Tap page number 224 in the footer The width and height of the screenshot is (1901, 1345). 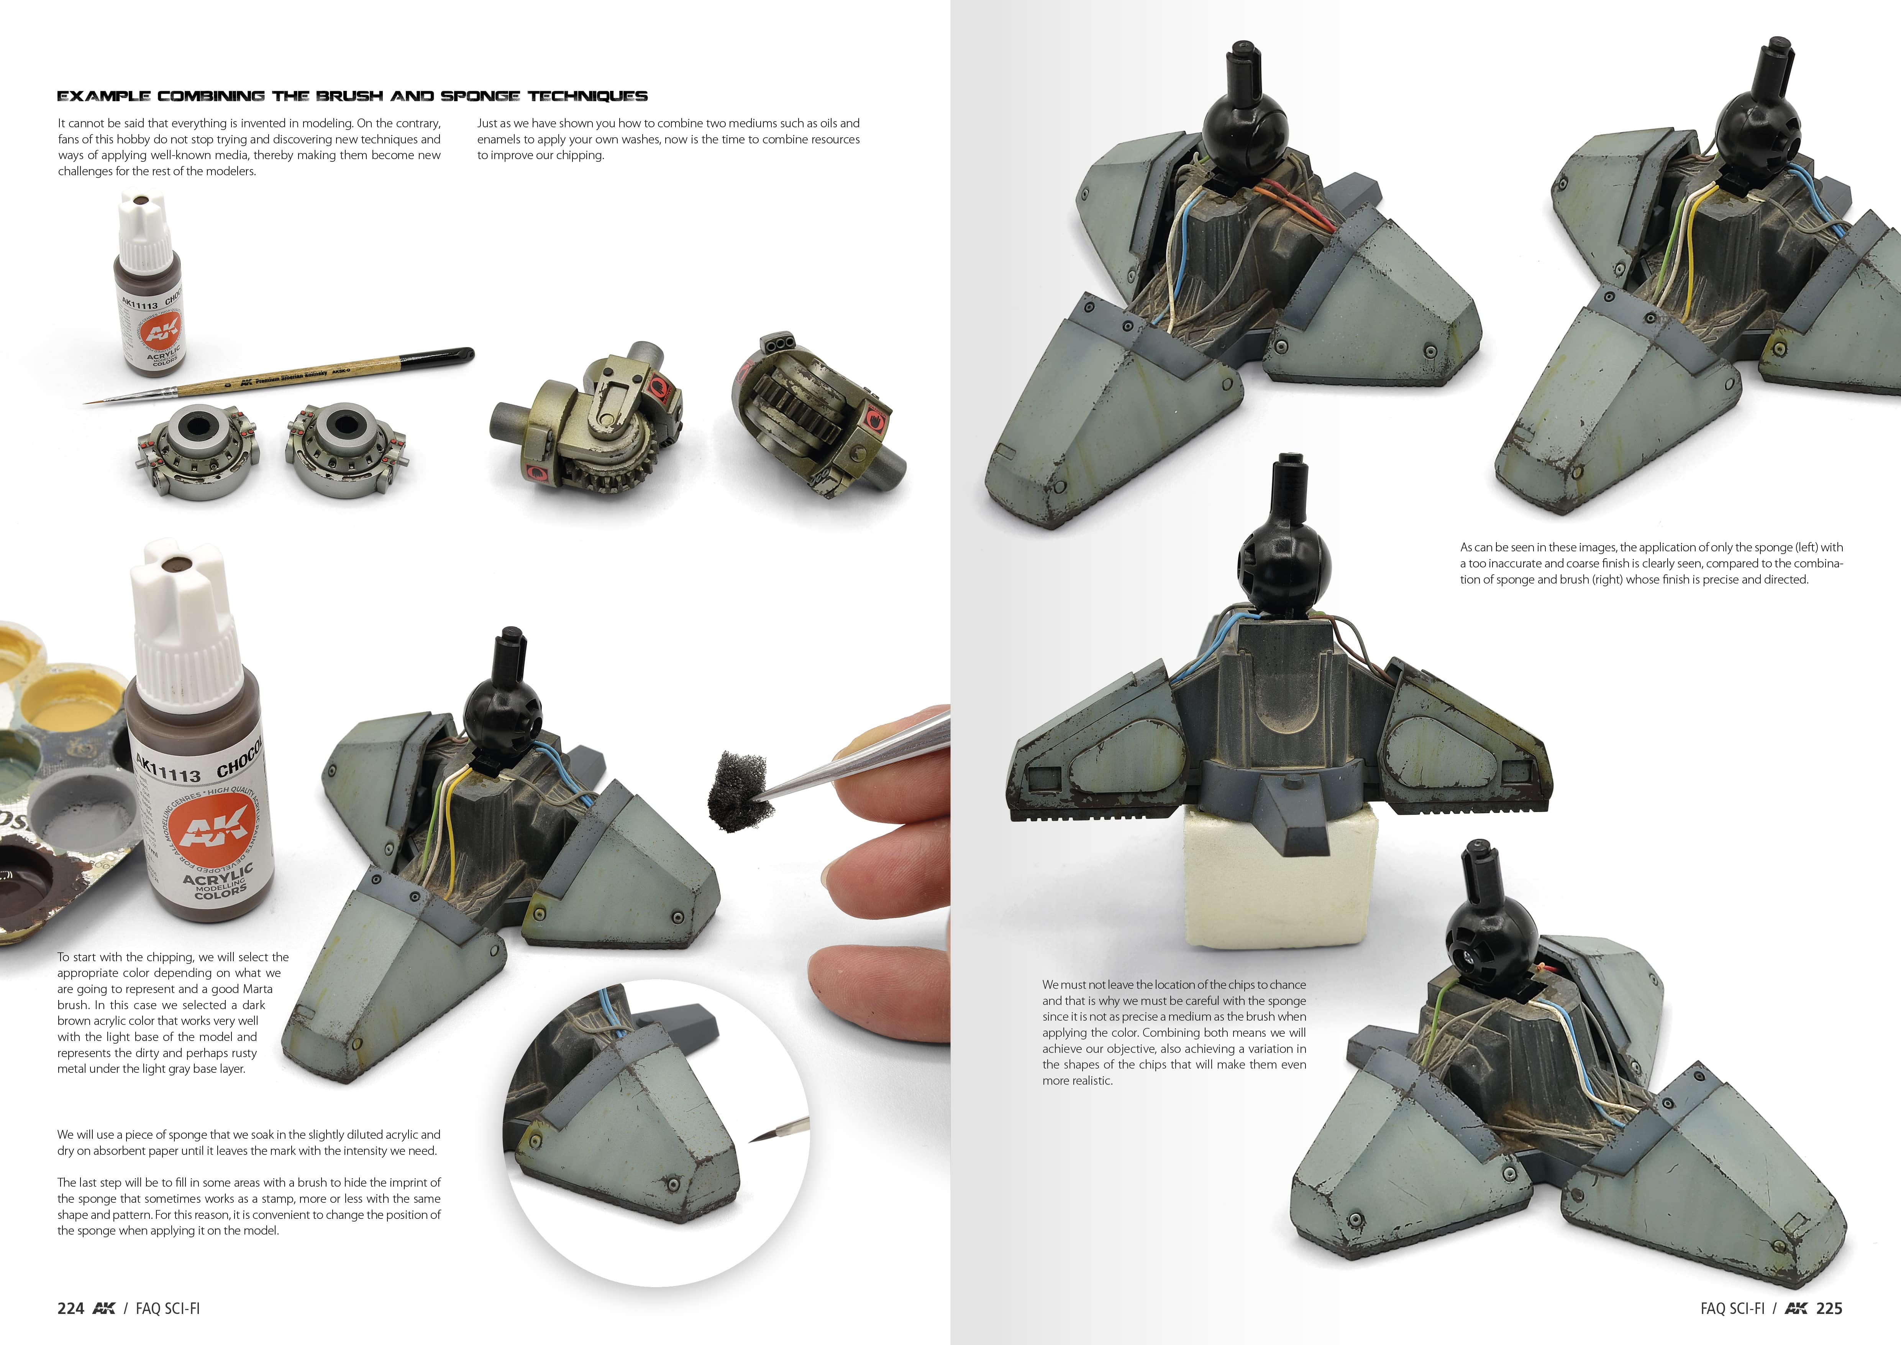tap(71, 1309)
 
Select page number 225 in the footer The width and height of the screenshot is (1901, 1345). tap(1829, 1309)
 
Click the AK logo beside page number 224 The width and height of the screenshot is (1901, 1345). tap(104, 1309)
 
